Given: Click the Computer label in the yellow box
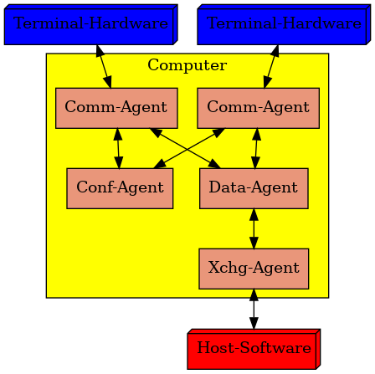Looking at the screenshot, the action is (x=187, y=65).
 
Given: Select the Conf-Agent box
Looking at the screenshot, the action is (x=120, y=188).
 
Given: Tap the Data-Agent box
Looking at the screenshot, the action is (x=254, y=188).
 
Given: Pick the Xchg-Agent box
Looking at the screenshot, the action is (x=254, y=269).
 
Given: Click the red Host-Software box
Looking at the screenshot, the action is (x=254, y=349).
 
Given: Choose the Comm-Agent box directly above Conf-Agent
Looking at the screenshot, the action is (x=116, y=108).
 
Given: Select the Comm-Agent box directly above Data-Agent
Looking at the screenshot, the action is (x=259, y=108).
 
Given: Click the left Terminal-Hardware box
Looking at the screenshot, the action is (x=91, y=24).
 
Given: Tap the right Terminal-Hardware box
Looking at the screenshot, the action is (x=284, y=24).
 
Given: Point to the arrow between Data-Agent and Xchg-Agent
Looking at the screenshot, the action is (x=254, y=228).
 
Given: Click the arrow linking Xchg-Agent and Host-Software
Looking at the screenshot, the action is (x=254, y=309).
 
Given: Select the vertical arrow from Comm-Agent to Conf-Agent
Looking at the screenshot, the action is (x=118, y=148).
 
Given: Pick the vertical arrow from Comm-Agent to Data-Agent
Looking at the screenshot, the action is (x=256, y=148).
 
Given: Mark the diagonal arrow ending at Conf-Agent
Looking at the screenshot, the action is (x=189, y=148).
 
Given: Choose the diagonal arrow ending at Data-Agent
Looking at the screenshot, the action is (x=185, y=148).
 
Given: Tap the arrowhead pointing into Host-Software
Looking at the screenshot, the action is (x=254, y=323).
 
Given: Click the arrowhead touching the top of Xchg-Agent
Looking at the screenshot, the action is (x=254, y=243).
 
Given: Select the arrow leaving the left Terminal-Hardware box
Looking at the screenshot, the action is (x=104, y=66).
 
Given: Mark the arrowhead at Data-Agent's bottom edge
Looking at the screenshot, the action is (x=254, y=215).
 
